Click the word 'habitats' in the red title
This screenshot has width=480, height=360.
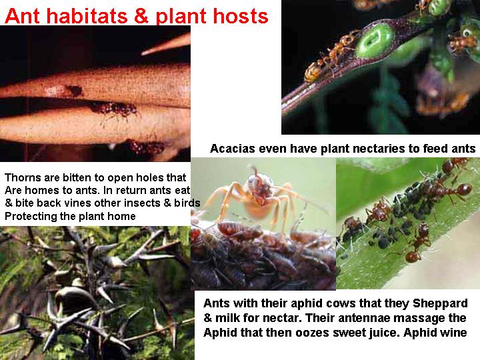coord(87,16)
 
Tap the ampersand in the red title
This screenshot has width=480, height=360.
coord(141,16)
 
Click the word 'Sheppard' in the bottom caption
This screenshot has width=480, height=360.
coord(440,303)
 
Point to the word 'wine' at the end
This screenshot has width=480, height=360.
coord(453,332)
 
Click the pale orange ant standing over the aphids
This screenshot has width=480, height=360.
coord(257,196)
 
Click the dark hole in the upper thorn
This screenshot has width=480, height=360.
coord(75,91)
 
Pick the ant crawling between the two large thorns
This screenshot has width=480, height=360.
coord(115,109)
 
